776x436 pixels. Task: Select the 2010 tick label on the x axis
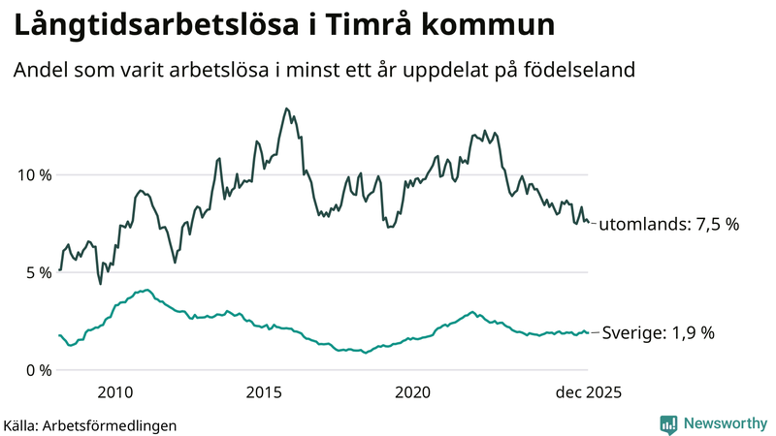tap(114, 392)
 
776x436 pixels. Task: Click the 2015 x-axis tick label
tap(264, 392)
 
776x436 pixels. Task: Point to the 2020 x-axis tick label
tap(413, 392)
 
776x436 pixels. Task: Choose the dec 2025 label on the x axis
tap(586, 392)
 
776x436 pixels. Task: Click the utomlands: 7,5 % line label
tap(668, 224)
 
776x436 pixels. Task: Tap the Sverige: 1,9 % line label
tap(658, 332)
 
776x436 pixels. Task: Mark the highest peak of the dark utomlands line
tap(286, 109)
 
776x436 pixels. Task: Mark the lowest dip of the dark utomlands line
tap(100, 283)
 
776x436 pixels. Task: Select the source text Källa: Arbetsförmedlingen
tap(90, 425)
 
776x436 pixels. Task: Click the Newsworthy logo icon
tap(668, 423)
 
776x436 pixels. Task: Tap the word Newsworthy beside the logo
tap(725, 423)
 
